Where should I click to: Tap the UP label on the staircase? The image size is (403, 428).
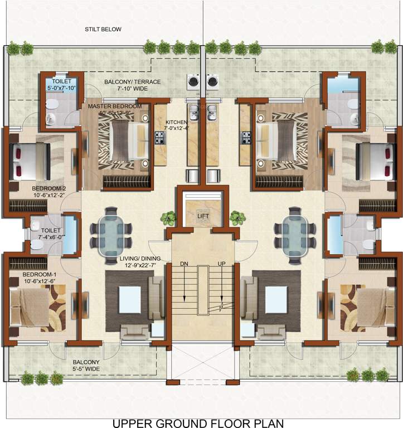221,263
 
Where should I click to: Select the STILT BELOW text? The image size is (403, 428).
103,30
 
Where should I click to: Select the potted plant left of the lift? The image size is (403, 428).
167,217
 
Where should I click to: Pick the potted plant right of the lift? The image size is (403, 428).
237,217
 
